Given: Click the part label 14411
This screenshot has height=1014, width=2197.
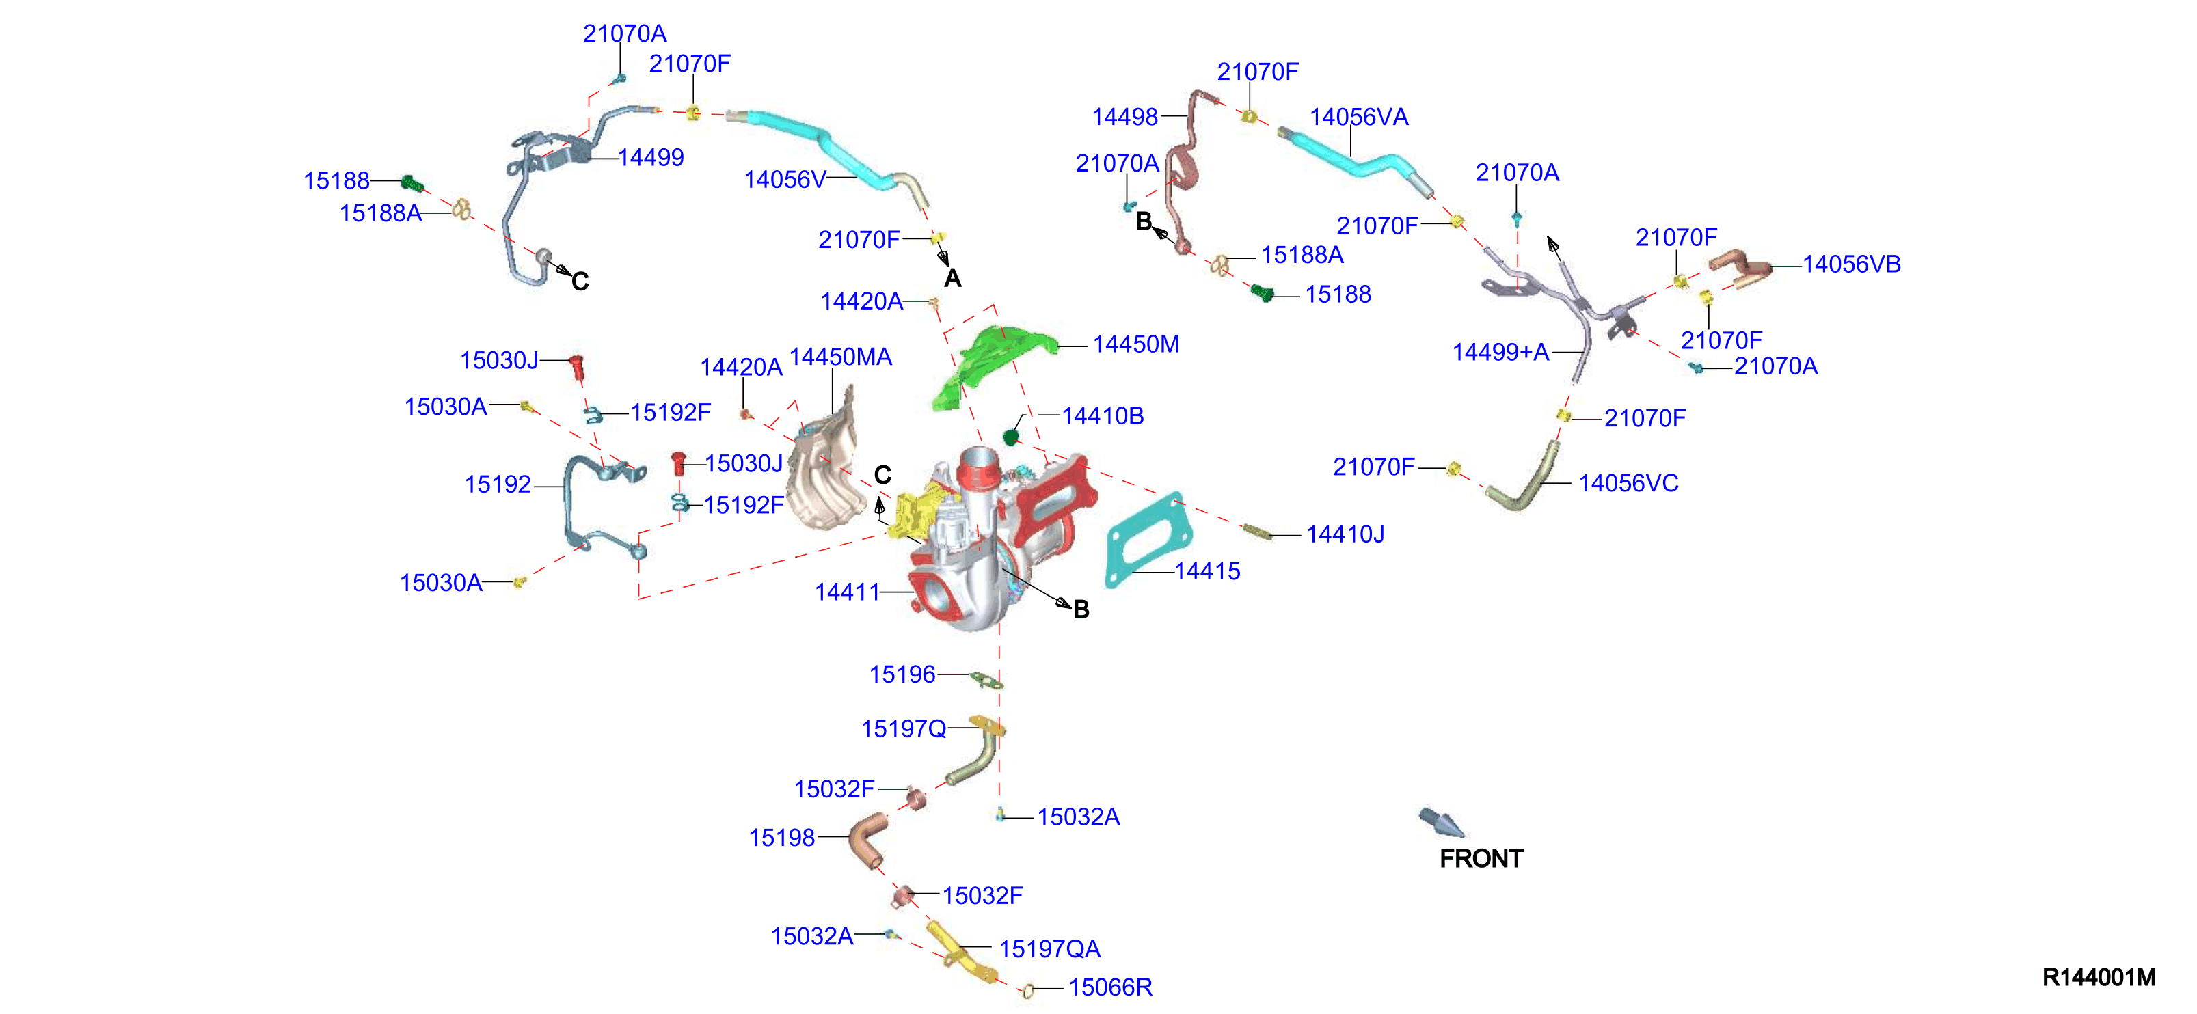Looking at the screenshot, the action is pos(847,592).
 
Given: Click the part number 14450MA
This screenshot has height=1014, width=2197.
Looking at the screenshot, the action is pos(840,357).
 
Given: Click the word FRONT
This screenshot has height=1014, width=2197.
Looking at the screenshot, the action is pos(1481,859).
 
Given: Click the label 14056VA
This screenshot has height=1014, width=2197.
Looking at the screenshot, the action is pos(1359,117).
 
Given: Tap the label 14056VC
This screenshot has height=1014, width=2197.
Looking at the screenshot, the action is pos(1628,484).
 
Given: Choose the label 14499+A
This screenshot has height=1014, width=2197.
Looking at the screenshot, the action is pos(1500,352).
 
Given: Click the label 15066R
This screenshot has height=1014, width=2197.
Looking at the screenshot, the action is pos(1109,987).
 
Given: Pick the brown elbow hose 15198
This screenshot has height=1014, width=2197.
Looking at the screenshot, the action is pos(869,839).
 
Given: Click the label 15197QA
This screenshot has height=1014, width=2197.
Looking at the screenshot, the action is pos(1049,949).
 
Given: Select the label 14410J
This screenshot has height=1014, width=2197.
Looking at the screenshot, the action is pos(1345,535).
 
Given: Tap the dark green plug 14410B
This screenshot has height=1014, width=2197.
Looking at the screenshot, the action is pos(1012,437).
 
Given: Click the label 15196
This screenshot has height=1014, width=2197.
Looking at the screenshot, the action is pos(902,674).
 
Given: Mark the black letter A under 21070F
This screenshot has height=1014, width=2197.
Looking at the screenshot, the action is pos(953,278).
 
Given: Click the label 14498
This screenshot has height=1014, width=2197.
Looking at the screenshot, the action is pos(1125,117).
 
